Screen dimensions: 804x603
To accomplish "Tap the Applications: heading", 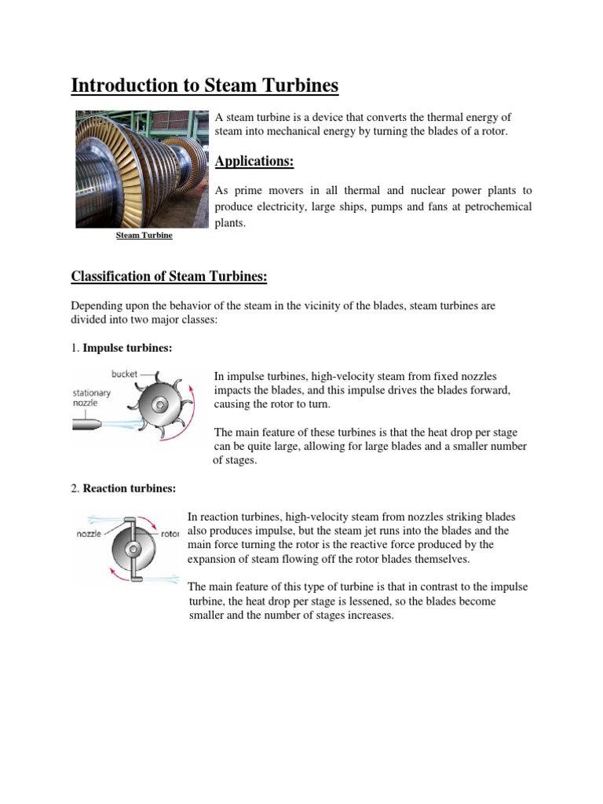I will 254,161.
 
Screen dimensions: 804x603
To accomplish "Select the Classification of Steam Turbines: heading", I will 169,276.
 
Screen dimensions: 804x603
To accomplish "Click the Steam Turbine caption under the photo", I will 144,235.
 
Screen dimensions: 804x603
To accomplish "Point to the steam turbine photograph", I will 142,169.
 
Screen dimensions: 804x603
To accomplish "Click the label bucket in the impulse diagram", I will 124,375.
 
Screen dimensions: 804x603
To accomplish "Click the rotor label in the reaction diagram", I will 169,534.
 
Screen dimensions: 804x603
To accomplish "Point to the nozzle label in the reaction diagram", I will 90,534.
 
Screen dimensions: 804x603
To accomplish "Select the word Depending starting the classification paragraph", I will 97,305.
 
